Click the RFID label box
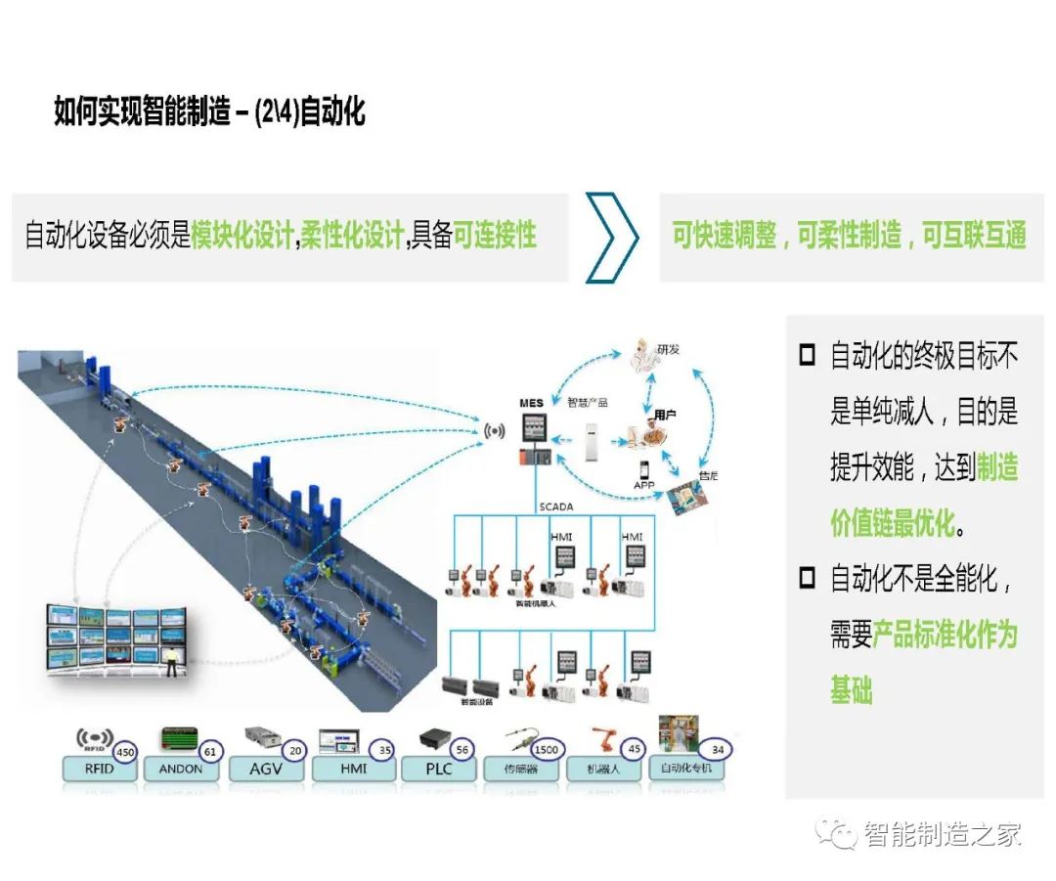click(x=99, y=769)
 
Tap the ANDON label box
click(x=181, y=769)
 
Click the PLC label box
click(x=439, y=769)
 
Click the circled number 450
click(x=125, y=752)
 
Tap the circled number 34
click(x=719, y=750)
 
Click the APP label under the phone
click(x=643, y=484)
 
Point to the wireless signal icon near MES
click(x=495, y=430)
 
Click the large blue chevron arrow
click(x=613, y=237)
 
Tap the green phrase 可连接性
click(x=495, y=235)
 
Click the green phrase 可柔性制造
click(x=850, y=236)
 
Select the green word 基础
click(x=851, y=691)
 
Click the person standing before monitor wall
click(x=173, y=662)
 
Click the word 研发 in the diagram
click(x=667, y=349)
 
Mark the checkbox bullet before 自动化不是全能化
click(x=807, y=578)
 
